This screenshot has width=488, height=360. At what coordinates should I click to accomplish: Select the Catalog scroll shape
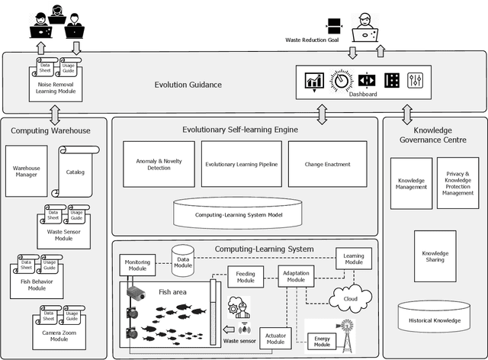click(x=75, y=173)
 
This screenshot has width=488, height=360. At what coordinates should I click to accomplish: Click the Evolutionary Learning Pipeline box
click(x=241, y=164)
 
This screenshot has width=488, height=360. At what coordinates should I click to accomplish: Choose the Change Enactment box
click(x=327, y=164)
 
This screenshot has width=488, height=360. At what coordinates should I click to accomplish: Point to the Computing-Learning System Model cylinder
click(x=239, y=214)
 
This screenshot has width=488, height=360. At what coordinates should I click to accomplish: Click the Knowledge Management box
click(x=412, y=183)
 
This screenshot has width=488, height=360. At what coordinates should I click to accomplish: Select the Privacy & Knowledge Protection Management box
click(x=457, y=183)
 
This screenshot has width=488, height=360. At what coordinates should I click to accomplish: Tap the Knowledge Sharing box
click(x=435, y=256)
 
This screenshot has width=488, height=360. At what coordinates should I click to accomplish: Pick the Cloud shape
click(x=350, y=298)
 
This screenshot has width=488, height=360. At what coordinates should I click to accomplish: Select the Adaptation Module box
click(x=295, y=276)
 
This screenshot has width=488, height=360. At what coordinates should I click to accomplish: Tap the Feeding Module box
click(x=246, y=277)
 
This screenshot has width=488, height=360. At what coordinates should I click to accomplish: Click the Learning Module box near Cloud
click(x=354, y=258)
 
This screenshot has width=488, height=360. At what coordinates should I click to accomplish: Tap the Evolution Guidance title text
click(x=188, y=84)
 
